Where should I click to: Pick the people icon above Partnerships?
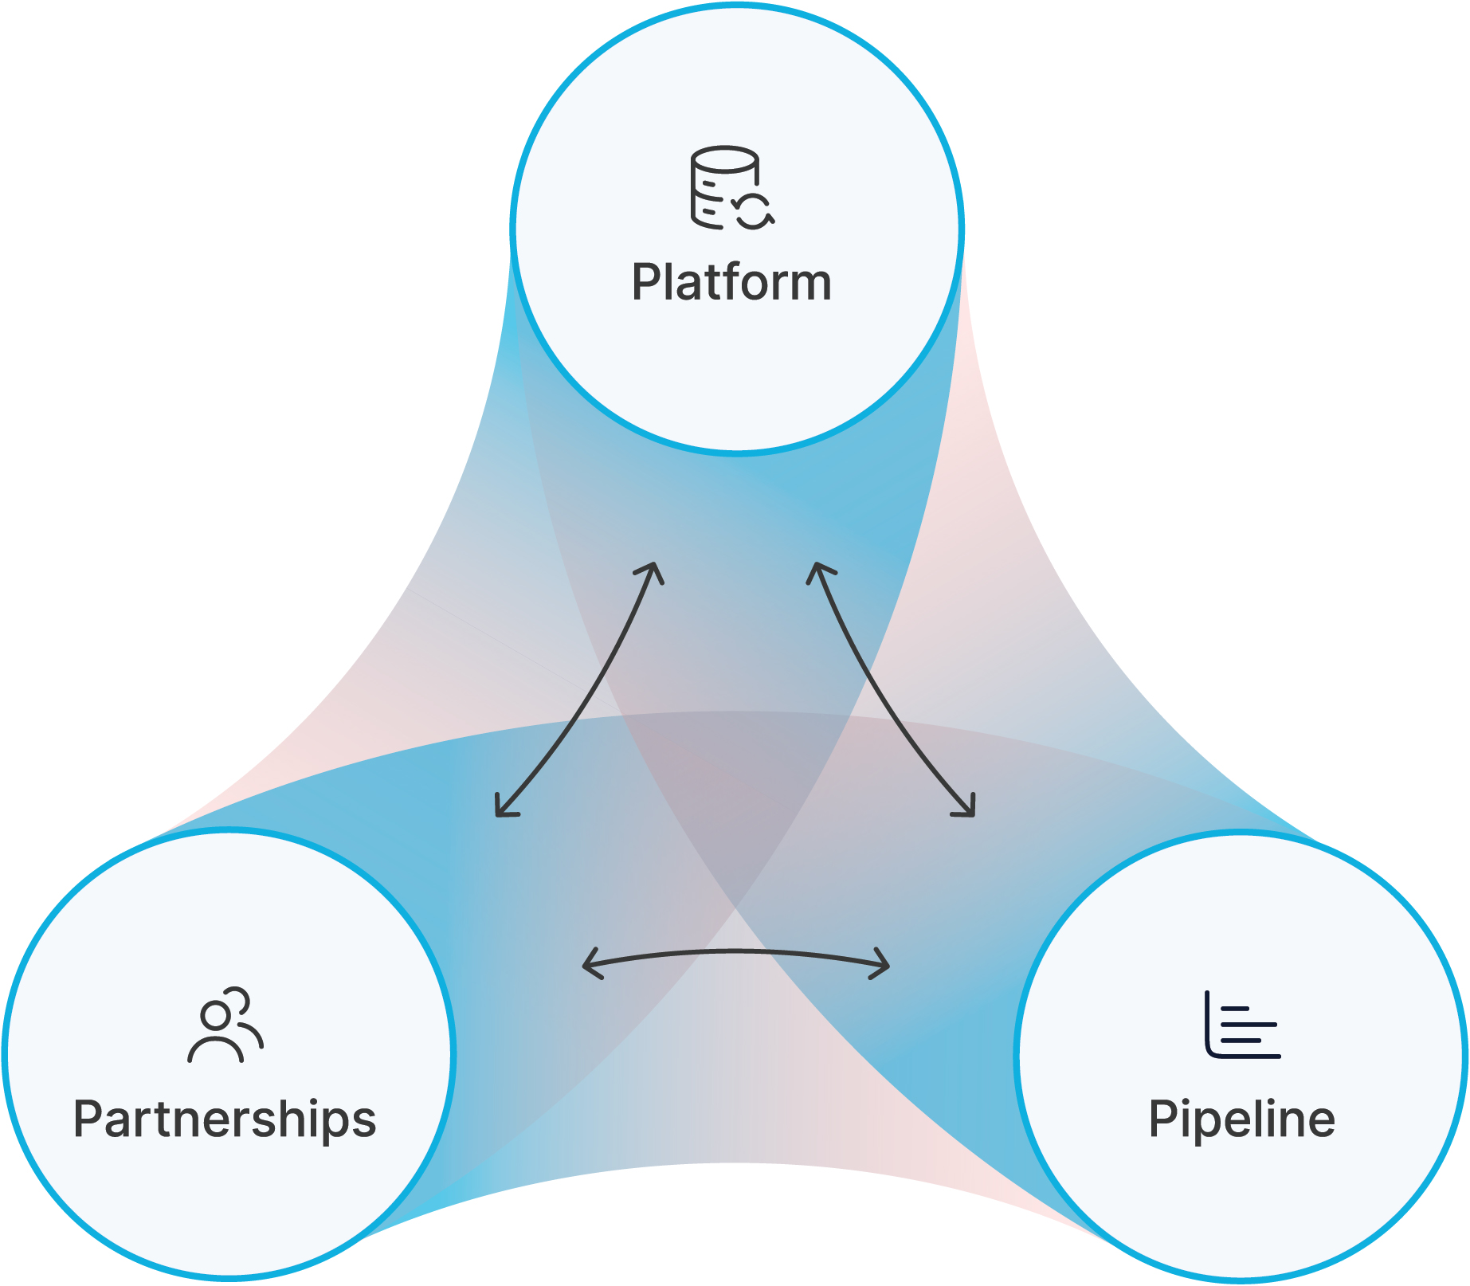point(225,1025)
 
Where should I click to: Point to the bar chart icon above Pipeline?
point(1242,1025)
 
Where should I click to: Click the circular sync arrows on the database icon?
point(753,210)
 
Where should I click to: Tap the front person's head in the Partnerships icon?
point(215,1016)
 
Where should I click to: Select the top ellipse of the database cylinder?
point(724,159)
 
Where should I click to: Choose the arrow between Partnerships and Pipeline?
point(736,951)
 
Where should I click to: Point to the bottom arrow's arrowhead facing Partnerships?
point(591,963)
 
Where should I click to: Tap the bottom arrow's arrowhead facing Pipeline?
point(880,963)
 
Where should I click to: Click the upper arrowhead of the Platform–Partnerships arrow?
point(652,571)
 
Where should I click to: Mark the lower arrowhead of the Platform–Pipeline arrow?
point(966,806)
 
